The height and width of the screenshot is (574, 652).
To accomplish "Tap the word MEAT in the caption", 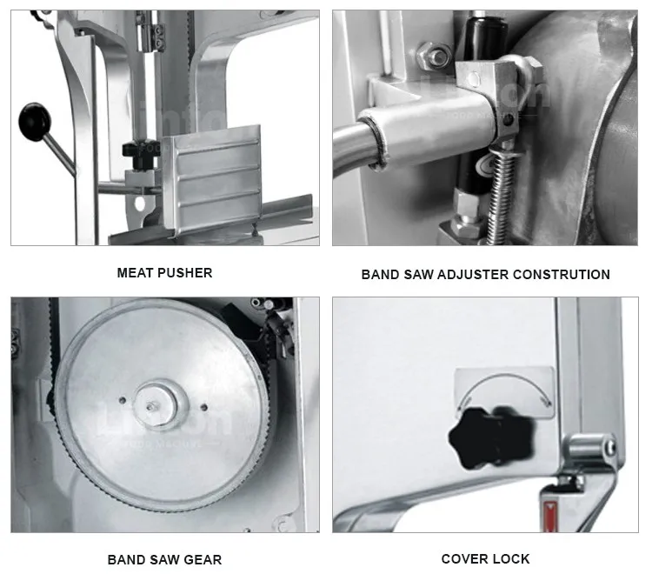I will tap(135, 273).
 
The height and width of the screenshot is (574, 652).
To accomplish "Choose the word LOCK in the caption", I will tap(513, 559).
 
